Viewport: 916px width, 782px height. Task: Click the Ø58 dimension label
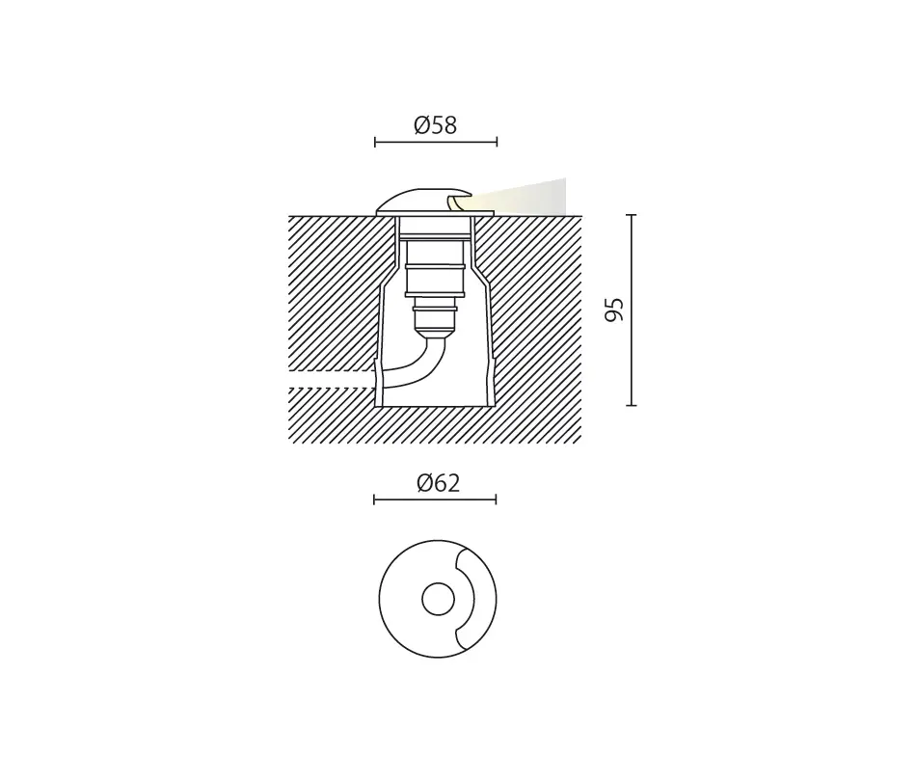435,125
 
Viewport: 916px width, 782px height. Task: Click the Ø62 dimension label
438,483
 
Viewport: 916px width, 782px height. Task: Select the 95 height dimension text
614,310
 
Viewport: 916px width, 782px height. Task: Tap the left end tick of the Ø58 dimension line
375,142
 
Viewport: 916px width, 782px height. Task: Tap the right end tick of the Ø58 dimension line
497,142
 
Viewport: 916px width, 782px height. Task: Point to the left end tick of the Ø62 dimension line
374,499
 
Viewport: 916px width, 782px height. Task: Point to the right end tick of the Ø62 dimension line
496,499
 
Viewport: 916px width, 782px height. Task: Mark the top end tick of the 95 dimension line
631,215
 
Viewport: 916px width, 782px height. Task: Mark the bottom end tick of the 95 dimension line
631,405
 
